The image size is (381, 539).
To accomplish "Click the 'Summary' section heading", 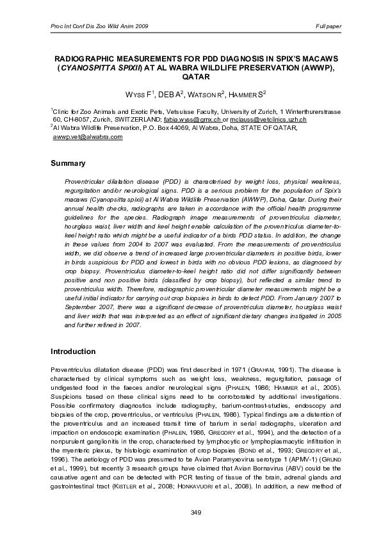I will [x=68, y=163].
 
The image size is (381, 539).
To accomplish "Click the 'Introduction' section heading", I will [x=73, y=351].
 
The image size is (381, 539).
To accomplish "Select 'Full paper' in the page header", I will [x=328, y=26].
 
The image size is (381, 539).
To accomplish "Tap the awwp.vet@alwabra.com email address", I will [x=87, y=136].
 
